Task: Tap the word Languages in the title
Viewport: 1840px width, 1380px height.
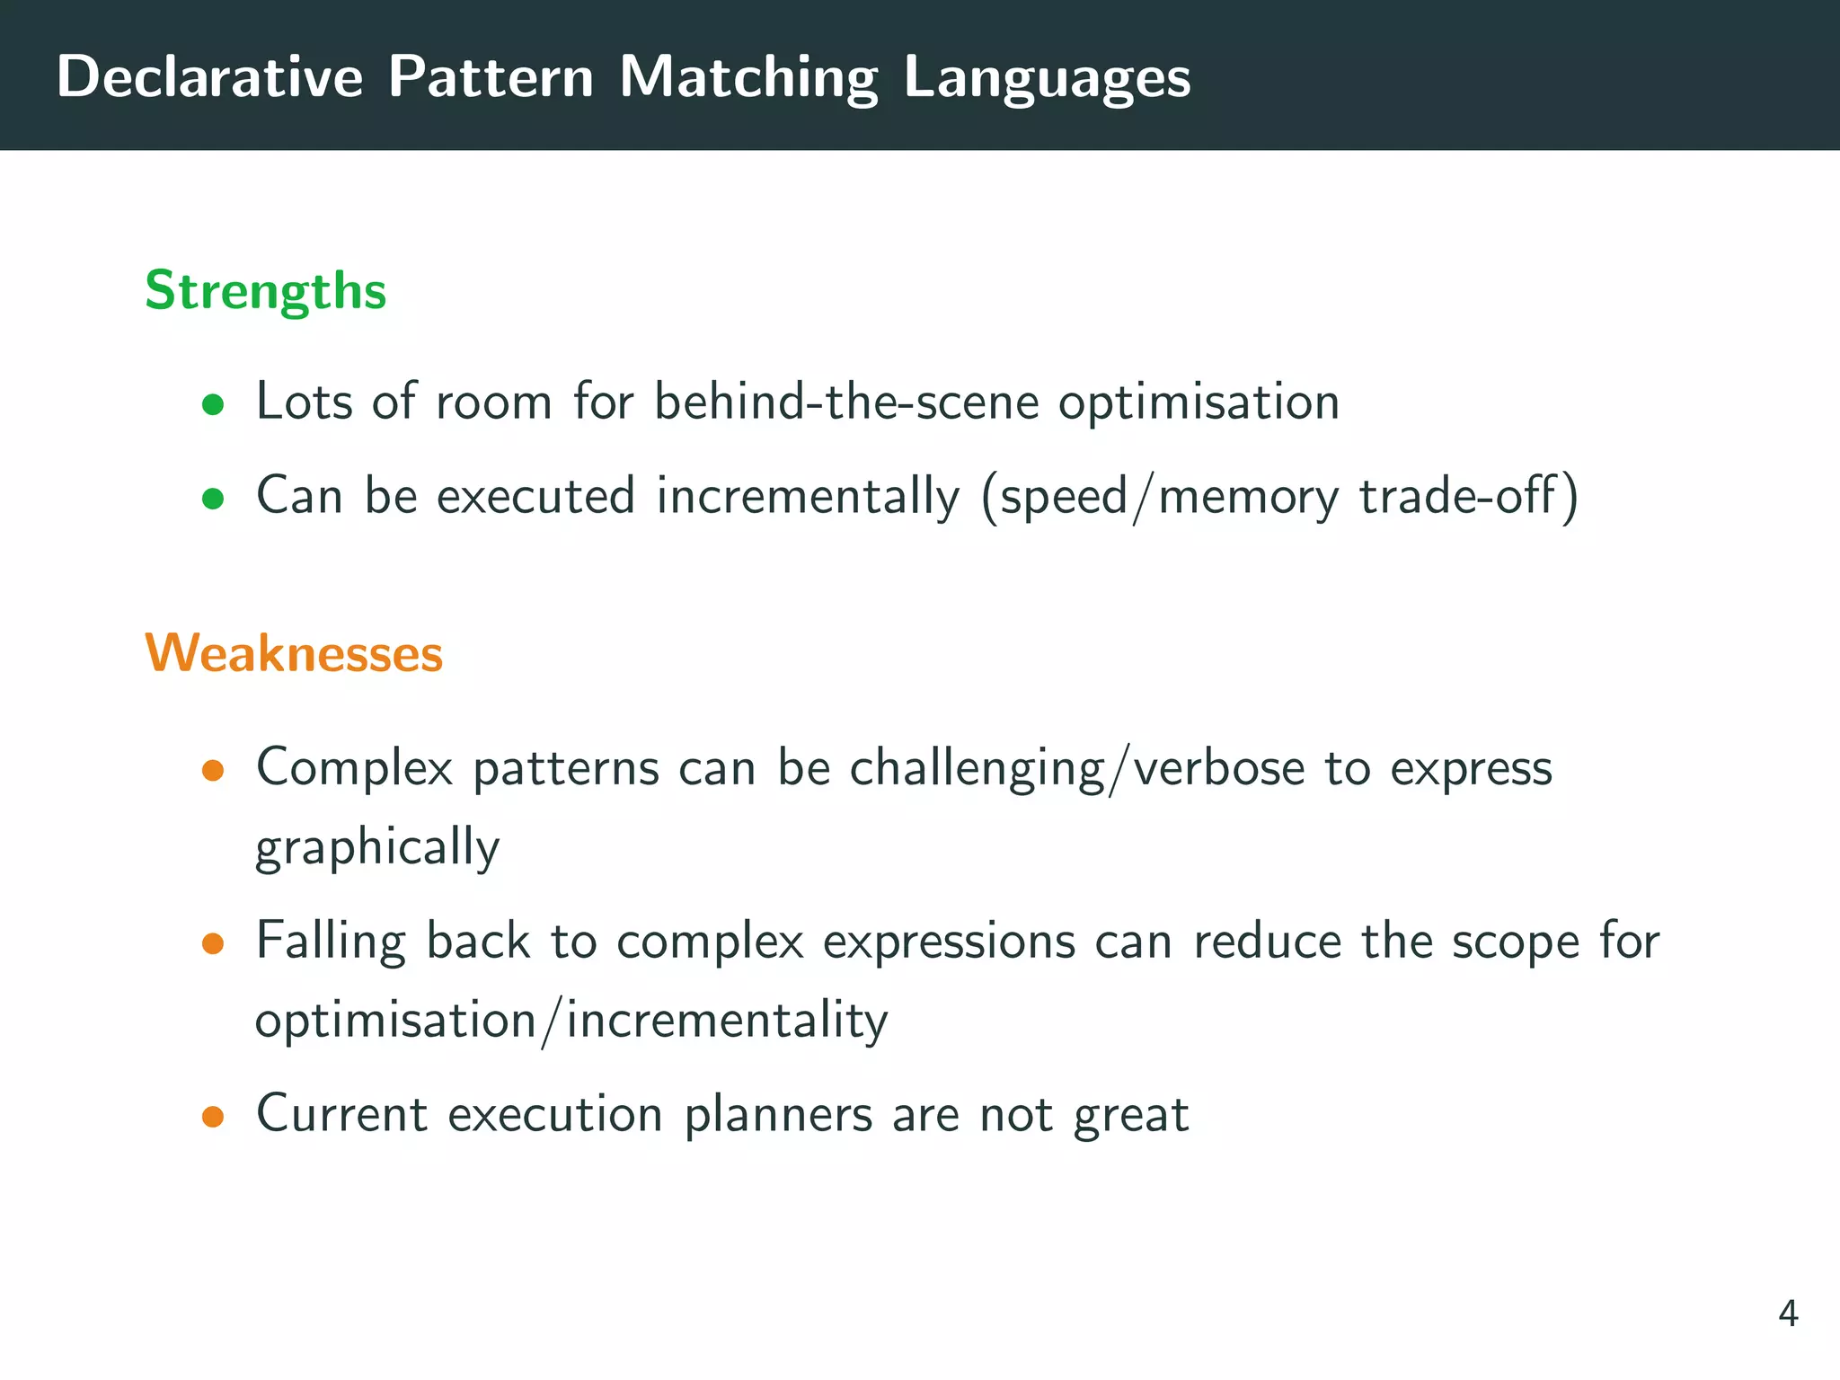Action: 1047,78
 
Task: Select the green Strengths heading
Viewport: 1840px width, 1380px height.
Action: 265,291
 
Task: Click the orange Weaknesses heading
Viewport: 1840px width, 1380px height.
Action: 294,653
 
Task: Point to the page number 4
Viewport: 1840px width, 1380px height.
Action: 1787,1314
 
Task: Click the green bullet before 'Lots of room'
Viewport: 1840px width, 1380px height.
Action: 213,404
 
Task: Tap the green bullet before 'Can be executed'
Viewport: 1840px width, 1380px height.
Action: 213,499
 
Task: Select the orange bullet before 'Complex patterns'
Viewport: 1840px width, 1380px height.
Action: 213,771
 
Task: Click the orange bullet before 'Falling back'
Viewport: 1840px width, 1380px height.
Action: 213,943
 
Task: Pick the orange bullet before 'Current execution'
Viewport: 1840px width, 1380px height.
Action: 213,1117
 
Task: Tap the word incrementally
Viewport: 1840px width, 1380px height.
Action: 808,496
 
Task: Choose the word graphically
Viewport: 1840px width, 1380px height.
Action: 377,847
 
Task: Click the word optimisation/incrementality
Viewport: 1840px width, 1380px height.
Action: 571,1022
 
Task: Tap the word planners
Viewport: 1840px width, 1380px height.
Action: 778,1114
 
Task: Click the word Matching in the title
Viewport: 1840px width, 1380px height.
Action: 748,78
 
